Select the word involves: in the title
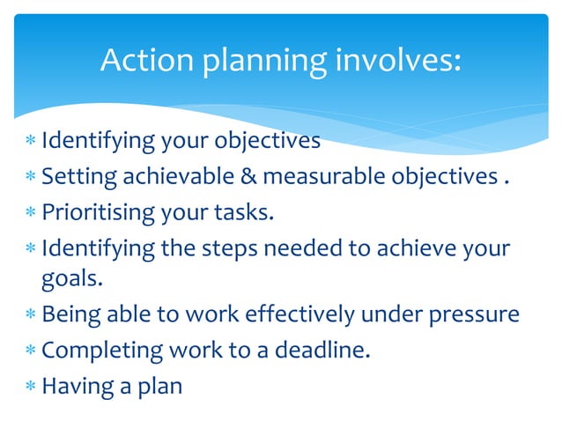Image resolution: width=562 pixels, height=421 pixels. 396,60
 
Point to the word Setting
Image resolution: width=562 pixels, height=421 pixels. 78,178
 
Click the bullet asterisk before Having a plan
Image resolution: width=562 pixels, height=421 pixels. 31,386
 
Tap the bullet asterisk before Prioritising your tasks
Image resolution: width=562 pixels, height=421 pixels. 31,213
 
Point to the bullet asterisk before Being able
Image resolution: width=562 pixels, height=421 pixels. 31,314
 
